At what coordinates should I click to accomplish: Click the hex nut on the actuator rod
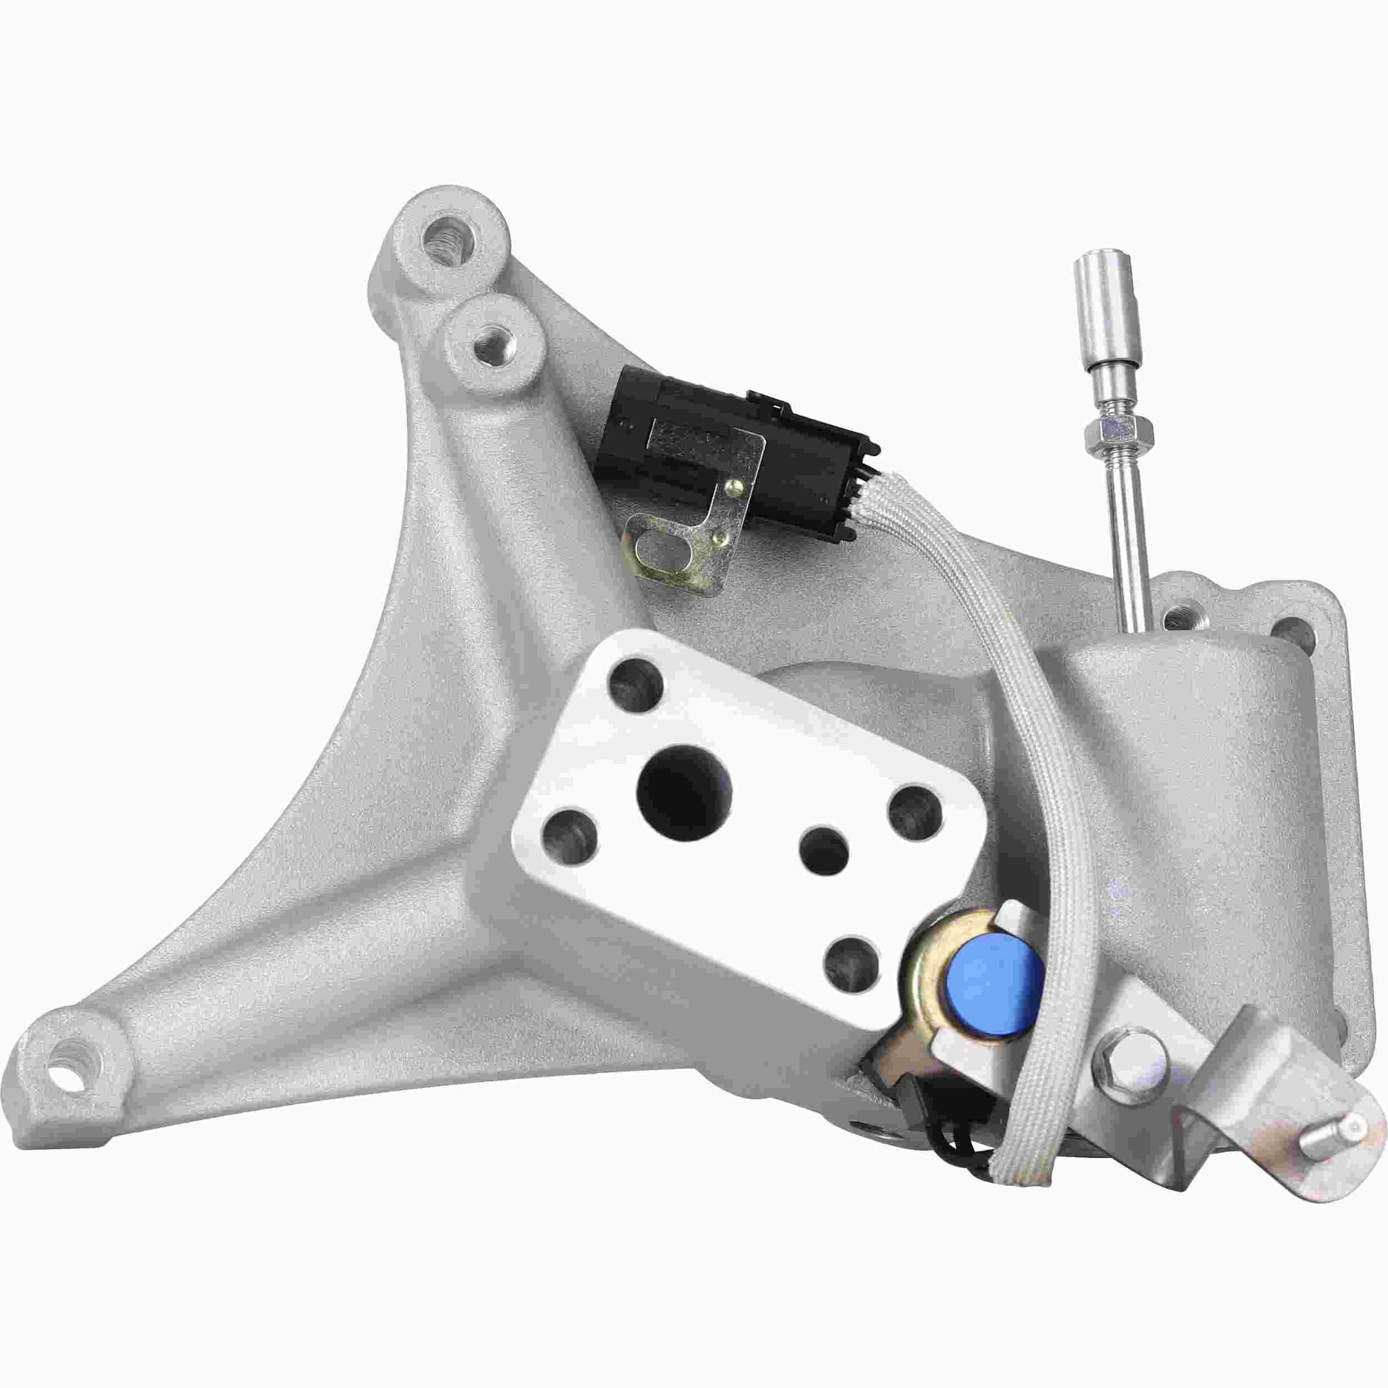(1110, 430)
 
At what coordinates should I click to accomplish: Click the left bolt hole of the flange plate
(570, 836)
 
